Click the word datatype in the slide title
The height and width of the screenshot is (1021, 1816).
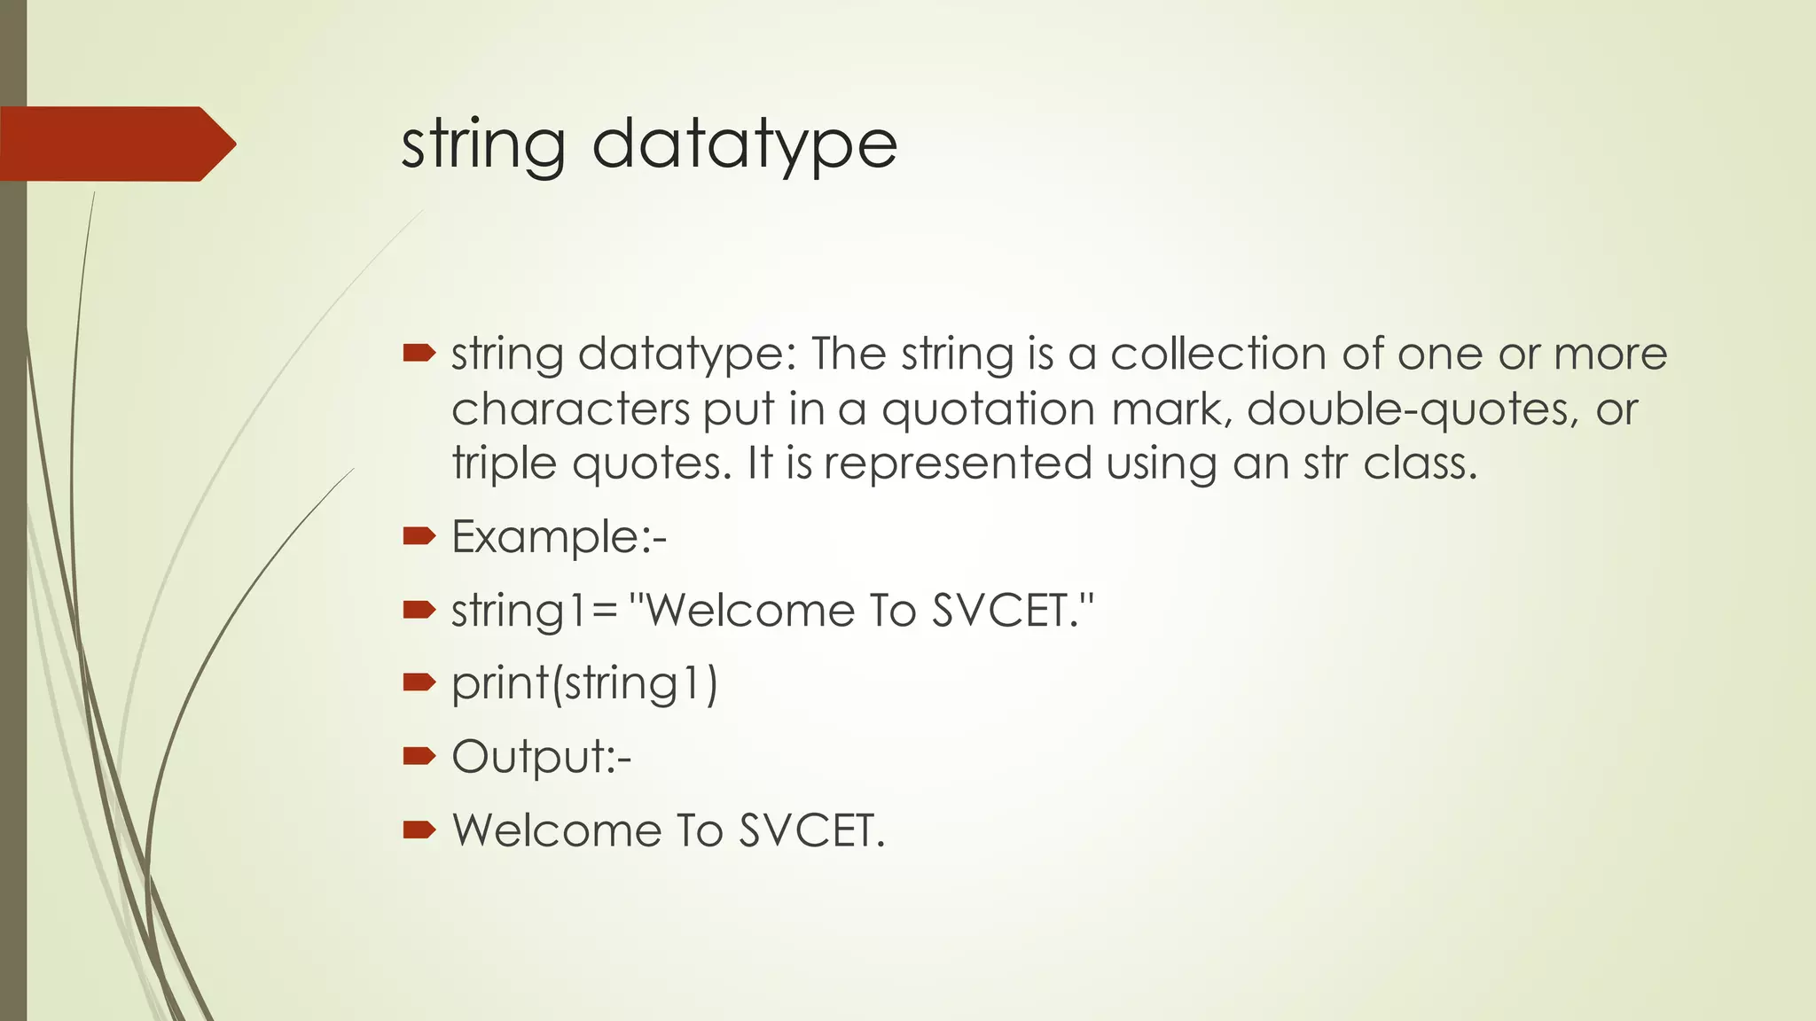click(744, 145)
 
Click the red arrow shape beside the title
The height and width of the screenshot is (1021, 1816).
click(115, 144)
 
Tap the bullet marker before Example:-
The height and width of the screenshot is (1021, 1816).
click(419, 535)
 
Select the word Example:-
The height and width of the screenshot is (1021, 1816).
click(559, 537)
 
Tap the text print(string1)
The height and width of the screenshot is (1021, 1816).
click(584, 684)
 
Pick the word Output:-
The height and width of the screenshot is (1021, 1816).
click(541, 757)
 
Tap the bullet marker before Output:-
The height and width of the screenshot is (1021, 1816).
click(419, 755)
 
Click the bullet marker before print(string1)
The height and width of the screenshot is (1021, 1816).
click(419, 682)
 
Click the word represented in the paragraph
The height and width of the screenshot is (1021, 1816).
click(958, 464)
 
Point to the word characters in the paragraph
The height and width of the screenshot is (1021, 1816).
click(570, 409)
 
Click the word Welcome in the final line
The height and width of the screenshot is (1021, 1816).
click(557, 830)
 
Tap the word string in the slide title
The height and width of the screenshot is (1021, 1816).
click(483, 145)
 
